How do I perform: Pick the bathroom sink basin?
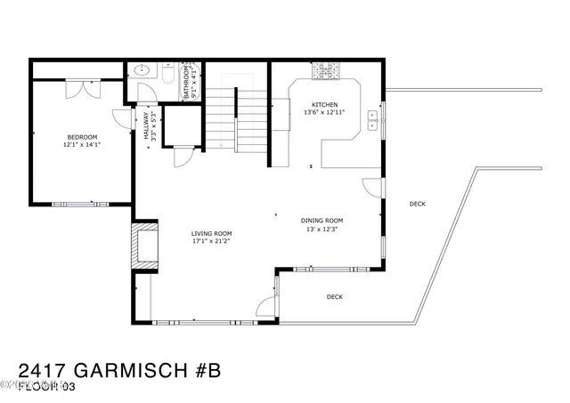click(140, 72)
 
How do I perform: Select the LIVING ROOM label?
click(211, 233)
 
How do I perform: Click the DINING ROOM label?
click(322, 221)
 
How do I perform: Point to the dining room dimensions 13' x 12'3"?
click(322, 229)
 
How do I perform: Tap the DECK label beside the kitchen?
click(417, 204)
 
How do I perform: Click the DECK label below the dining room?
click(334, 297)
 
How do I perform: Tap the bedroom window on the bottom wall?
click(79, 205)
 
